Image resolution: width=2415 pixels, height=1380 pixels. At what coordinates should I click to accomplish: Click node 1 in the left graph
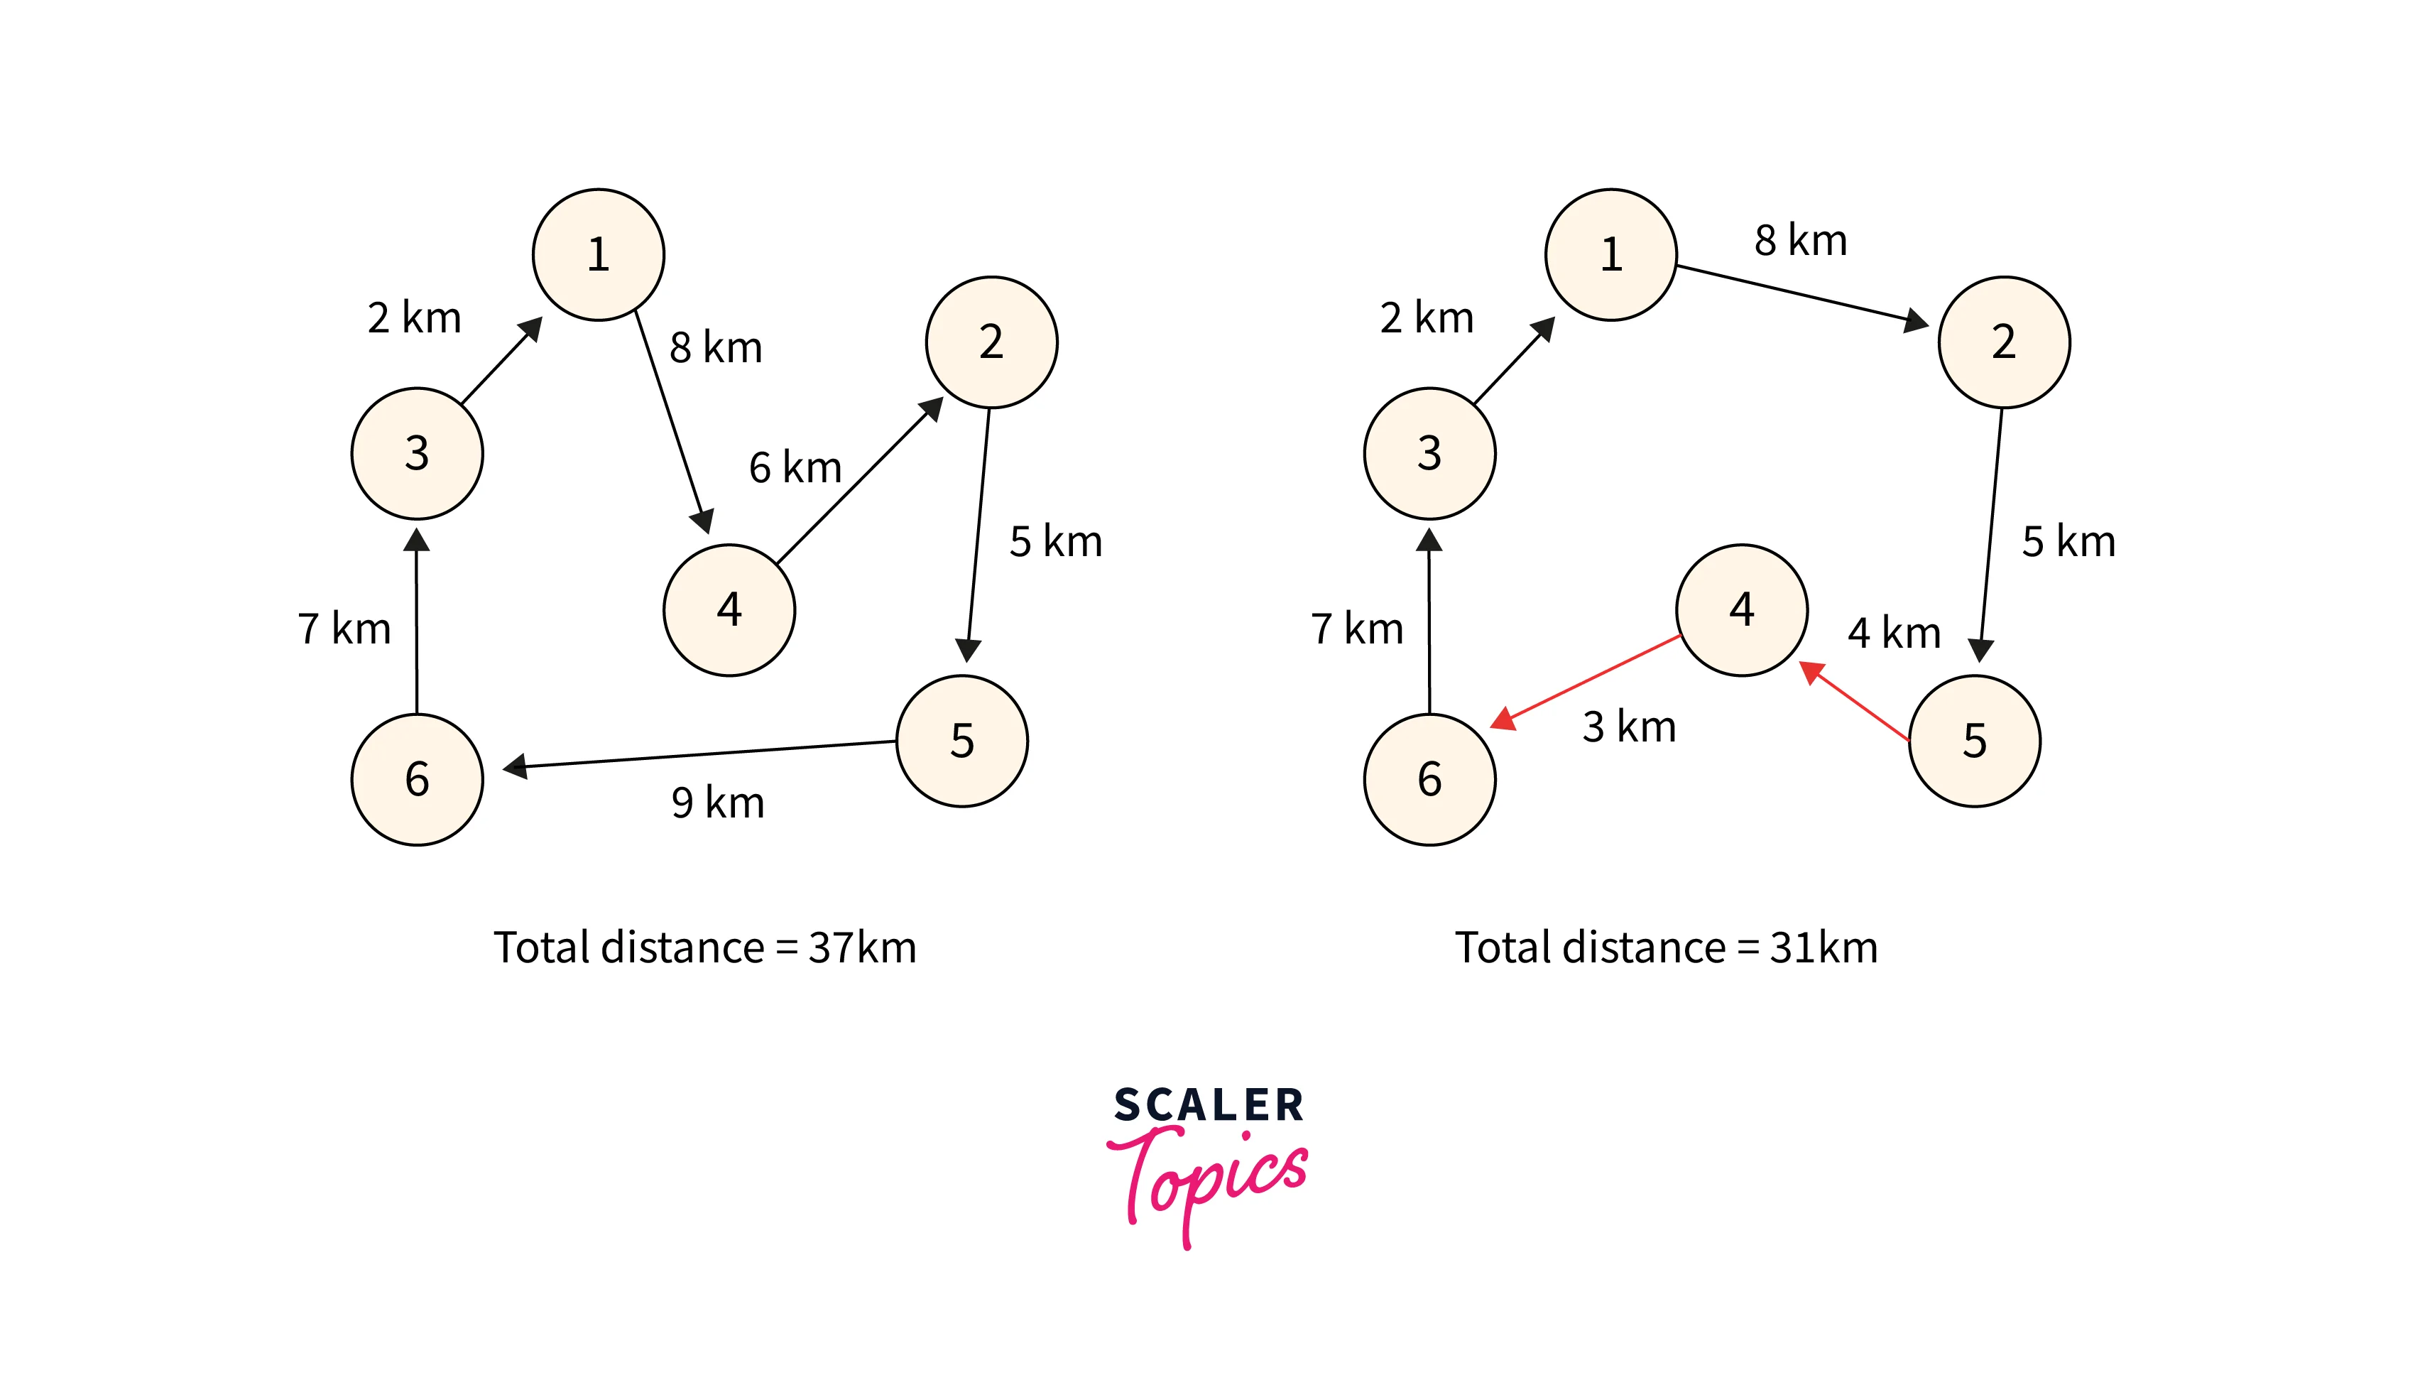coord(598,254)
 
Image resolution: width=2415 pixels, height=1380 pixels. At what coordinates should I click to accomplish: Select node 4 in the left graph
coord(729,609)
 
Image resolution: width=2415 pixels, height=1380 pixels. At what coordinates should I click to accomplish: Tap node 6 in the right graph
coord(1429,779)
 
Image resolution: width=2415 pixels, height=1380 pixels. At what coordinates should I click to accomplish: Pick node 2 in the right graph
coord(2003,342)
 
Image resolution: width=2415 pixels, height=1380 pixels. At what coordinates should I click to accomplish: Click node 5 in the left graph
coord(961,740)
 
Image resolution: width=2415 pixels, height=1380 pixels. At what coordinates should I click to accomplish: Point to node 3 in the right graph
coord(1429,453)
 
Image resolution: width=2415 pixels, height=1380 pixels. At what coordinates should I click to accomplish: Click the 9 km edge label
coord(717,803)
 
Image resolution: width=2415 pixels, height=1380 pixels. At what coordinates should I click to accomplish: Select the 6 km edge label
coord(795,467)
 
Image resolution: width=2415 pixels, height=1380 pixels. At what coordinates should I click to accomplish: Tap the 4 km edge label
coord(1893,633)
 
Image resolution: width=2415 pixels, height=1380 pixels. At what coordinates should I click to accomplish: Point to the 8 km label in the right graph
coord(1800,241)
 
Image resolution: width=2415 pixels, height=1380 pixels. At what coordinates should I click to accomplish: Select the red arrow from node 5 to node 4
coord(1857,702)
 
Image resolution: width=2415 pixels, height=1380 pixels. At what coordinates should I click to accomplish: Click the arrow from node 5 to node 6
coord(701,754)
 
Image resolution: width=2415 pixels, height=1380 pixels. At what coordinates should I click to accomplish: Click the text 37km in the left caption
coord(862,947)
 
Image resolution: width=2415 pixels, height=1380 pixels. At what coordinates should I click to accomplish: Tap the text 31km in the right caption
coord(1823,947)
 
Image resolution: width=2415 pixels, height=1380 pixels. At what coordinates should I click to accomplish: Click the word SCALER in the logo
coord(1208,1105)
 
